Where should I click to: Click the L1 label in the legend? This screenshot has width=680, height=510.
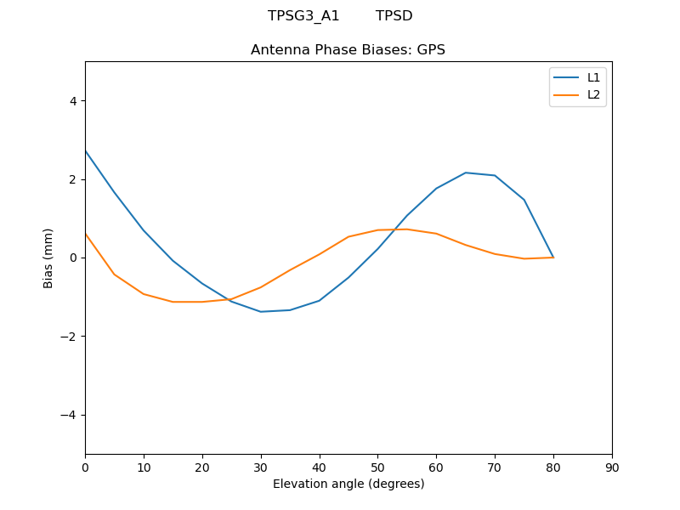pyautogui.click(x=594, y=77)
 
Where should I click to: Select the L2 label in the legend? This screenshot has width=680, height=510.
pyautogui.click(x=594, y=94)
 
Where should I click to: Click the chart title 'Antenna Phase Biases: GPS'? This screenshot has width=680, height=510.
pyautogui.click(x=348, y=50)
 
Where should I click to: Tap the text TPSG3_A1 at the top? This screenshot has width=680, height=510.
pyautogui.click(x=303, y=16)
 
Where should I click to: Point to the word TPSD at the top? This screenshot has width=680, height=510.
pyautogui.click(x=394, y=16)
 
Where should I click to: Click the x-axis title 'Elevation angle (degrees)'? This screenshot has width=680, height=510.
pyautogui.click(x=348, y=484)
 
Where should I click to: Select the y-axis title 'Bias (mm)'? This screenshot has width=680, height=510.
pyautogui.click(x=49, y=258)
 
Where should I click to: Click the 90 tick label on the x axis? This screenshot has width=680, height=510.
pyautogui.click(x=612, y=467)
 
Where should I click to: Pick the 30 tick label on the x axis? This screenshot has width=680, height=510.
pyautogui.click(x=261, y=467)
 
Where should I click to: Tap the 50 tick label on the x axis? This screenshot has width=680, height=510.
pyautogui.click(x=377, y=467)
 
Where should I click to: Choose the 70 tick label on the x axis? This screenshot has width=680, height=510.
pyautogui.click(x=495, y=467)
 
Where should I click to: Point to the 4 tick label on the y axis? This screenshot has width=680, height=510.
pyautogui.click(x=73, y=101)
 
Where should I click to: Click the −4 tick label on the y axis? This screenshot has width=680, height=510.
pyautogui.click(x=69, y=415)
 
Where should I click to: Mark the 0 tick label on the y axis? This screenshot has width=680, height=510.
pyautogui.click(x=73, y=258)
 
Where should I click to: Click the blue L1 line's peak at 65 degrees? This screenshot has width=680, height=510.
pyautogui.click(x=466, y=173)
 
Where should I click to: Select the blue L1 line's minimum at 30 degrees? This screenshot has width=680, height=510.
pyautogui.click(x=261, y=312)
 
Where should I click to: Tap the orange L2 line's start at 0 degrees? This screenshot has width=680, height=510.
pyautogui.click(x=85, y=234)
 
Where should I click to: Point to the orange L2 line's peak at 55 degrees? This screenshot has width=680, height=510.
pyautogui.click(x=407, y=229)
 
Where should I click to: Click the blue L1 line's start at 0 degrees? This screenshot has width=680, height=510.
pyautogui.click(x=85, y=150)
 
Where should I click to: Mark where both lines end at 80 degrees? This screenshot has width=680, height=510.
pyautogui.click(x=553, y=258)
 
